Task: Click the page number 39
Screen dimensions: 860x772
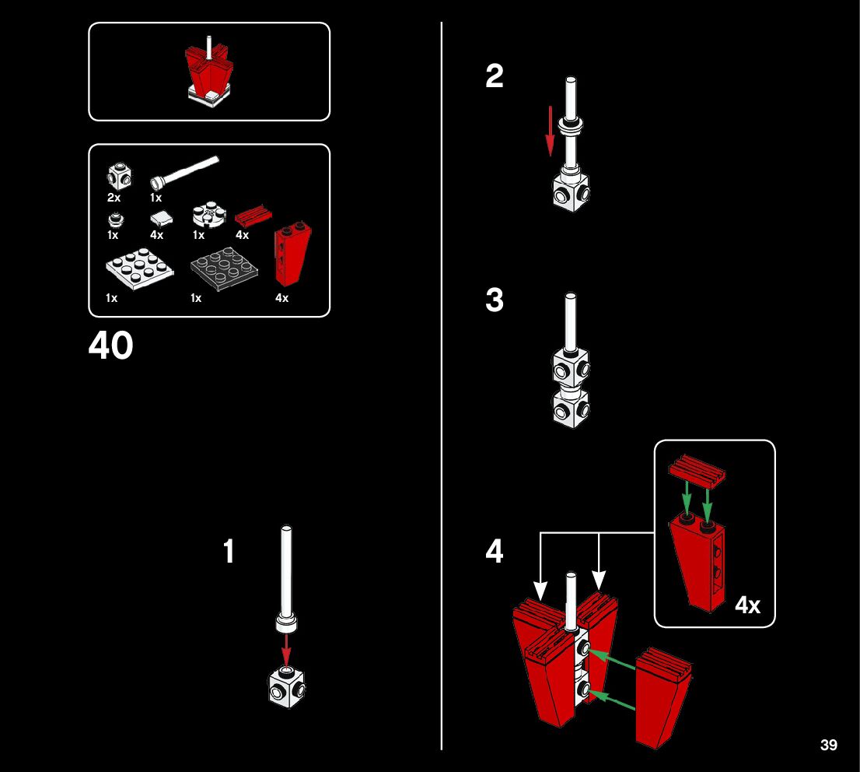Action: [x=828, y=746]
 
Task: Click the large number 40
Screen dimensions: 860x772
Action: [x=110, y=346]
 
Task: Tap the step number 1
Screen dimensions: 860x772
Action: [x=229, y=552]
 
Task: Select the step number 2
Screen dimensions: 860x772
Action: [x=495, y=76]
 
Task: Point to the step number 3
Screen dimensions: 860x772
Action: [x=495, y=300]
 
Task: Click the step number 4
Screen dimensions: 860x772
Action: [x=495, y=552]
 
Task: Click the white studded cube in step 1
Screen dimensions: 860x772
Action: [x=286, y=687]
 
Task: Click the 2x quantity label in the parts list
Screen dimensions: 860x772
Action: [x=114, y=198]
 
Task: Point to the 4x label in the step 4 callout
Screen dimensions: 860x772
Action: [x=748, y=605]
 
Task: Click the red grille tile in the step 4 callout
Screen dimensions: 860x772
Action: [x=697, y=470]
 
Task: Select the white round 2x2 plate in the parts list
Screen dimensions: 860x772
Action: [x=208, y=215]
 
